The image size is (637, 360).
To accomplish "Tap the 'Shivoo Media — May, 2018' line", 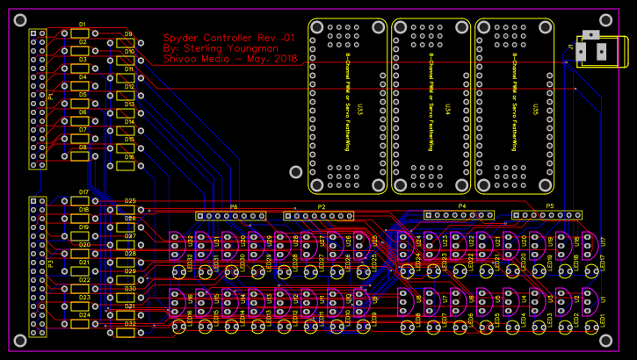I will click(230, 60).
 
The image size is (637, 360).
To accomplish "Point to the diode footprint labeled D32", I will click(127, 333).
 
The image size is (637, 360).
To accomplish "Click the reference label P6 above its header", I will click(234, 207).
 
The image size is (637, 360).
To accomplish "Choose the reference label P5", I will click(550, 206).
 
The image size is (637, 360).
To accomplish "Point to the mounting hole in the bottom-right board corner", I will click(605, 340).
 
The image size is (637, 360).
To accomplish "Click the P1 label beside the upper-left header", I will click(50, 97).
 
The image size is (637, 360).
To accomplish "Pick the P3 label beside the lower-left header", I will click(50, 264).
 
